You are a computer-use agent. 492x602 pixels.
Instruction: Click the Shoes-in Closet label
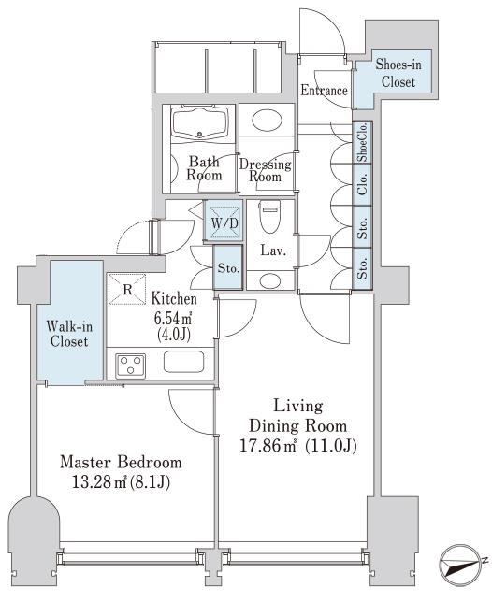point(398,73)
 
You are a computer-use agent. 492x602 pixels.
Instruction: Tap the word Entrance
point(324,91)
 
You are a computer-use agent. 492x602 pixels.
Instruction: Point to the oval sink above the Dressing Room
point(268,120)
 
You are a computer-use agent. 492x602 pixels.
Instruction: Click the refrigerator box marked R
point(127,289)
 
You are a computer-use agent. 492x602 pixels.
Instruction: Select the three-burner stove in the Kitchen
point(131,365)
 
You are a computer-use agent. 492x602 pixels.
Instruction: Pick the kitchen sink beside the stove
point(183,362)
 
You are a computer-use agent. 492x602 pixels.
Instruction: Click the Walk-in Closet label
point(69,334)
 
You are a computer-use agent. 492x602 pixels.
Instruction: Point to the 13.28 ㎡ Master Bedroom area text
point(121,482)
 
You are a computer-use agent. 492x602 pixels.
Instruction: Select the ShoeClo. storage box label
point(362,143)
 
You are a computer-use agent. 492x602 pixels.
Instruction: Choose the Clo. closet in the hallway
point(362,184)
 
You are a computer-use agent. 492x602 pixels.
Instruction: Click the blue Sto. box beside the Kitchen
point(228,267)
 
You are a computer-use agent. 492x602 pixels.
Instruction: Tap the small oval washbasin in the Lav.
point(270,280)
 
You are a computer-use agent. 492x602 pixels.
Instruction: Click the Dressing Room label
point(265,170)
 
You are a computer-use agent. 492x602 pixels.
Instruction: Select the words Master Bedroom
point(121,462)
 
